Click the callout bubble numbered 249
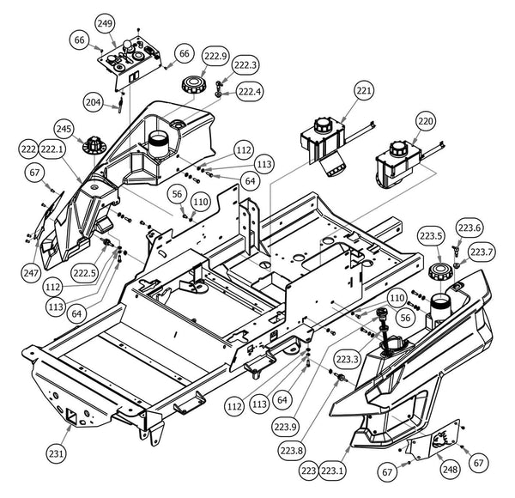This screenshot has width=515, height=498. [x=105, y=22]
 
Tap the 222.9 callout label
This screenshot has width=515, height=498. [x=215, y=58]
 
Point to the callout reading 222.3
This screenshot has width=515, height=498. [x=245, y=65]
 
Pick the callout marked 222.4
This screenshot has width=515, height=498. [x=251, y=92]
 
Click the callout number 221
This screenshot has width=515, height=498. [x=365, y=91]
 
